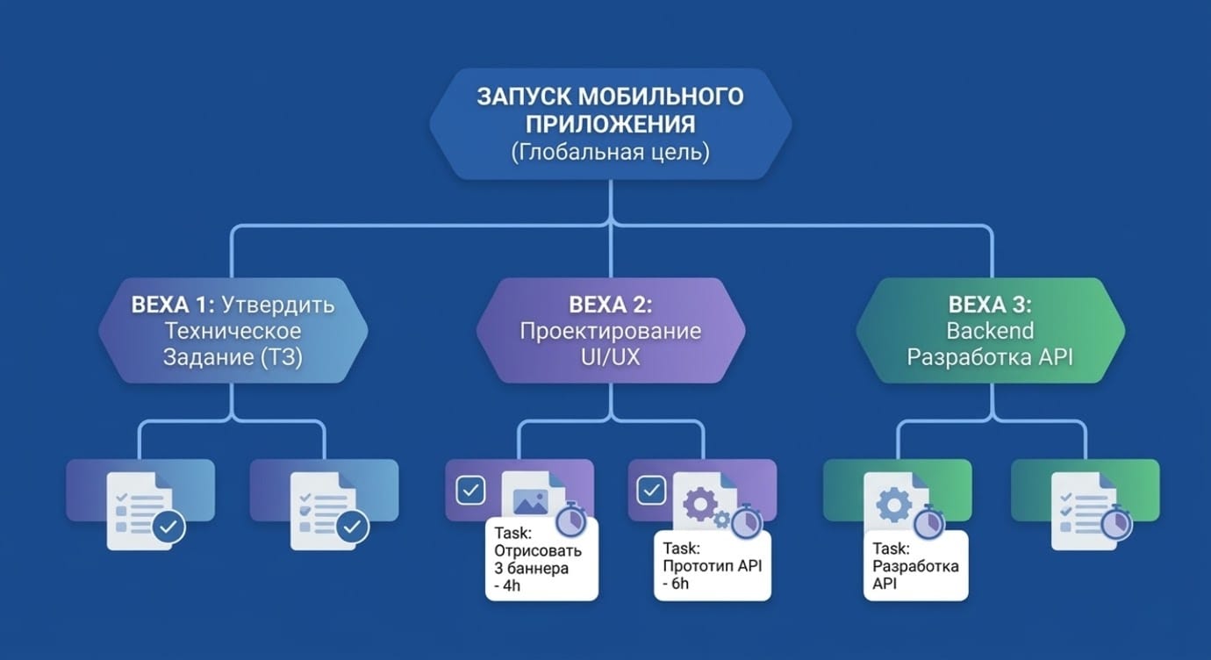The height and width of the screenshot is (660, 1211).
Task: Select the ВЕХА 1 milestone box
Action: click(x=233, y=332)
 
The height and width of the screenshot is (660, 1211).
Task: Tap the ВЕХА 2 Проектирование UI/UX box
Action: click(x=611, y=332)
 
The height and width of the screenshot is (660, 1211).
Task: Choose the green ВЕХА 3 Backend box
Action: click(x=991, y=332)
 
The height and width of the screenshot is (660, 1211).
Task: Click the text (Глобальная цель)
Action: click(x=610, y=152)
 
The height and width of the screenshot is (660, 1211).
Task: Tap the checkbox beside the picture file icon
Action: click(x=471, y=490)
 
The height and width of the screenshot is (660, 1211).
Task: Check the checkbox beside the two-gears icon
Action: click(x=650, y=490)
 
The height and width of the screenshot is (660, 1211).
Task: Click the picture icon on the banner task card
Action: click(x=531, y=501)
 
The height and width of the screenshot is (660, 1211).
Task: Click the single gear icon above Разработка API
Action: click(x=893, y=505)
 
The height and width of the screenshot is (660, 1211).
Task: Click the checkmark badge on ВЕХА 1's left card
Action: click(x=168, y=527)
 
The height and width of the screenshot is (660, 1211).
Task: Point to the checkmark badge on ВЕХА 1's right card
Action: click(x=353, y=527)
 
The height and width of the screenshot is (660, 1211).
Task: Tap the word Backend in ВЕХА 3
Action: click(x=991, y=332)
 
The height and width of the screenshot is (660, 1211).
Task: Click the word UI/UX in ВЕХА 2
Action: click(x=611, y=357)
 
